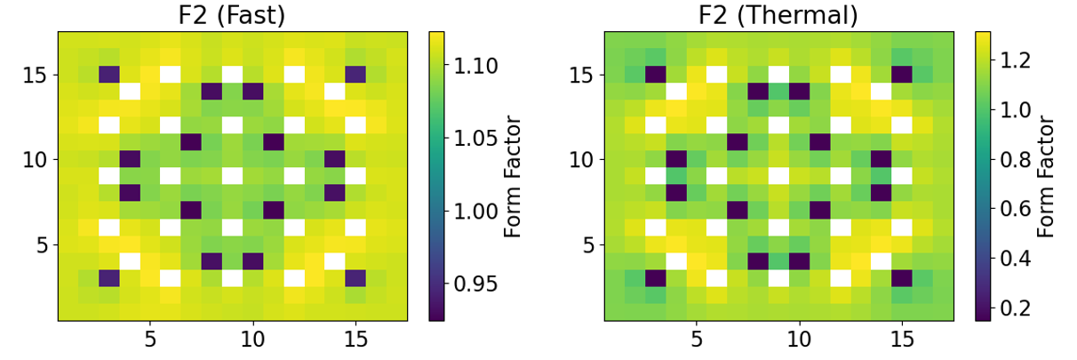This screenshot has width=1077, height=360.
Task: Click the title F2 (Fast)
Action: point(233,14)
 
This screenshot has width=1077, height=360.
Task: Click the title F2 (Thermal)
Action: point(778,14)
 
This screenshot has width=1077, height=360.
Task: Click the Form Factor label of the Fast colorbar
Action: point(513,176)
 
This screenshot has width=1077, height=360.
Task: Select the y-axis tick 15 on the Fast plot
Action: point(37,75)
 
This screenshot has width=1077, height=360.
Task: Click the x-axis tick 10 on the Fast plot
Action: point(252,339)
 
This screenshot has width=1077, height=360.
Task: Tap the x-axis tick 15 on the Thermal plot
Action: point(902,339)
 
